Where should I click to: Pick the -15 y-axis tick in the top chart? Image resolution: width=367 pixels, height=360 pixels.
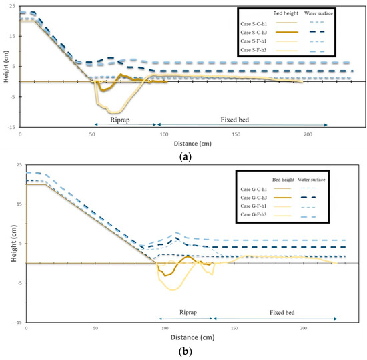tap(13, 126)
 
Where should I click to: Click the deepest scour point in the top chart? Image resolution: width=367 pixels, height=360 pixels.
tap(115, 113)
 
